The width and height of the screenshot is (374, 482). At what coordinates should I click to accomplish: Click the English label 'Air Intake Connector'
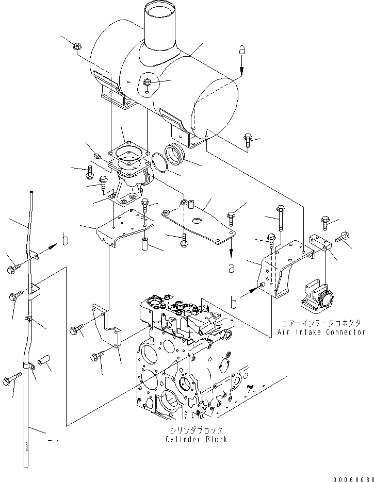click(x=321, y=332)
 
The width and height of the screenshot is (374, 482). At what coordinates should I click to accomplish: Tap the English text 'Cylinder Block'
click(x=196, y=439)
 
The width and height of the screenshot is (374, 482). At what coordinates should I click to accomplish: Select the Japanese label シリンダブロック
click(x=196, y=430)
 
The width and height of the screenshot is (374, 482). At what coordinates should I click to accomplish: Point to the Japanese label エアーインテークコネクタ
click(x=321, y=323)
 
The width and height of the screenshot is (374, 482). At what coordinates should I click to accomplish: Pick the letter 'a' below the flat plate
click(x=232, y=268)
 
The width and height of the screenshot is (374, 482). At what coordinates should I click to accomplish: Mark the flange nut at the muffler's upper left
click(x=76, y=46)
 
